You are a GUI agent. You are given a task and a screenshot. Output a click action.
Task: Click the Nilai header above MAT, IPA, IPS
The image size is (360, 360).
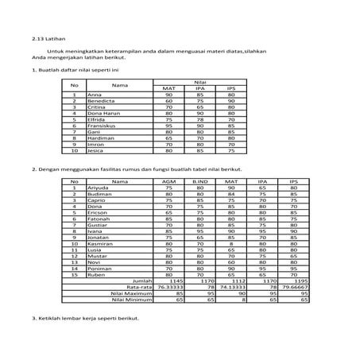click(200, 82)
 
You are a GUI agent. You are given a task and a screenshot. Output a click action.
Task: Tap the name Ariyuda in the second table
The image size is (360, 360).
click(97, 188)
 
